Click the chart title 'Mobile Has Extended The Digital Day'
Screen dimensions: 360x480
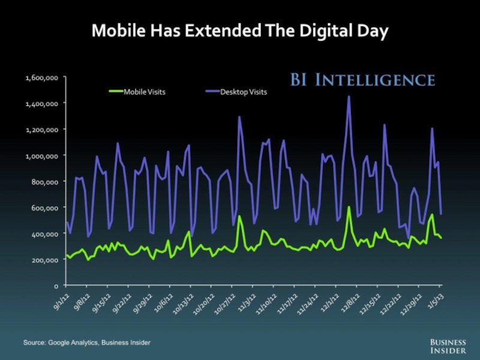pyautogui.click(x=240, y=29)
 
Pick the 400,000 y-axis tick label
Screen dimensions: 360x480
pyautogui.click(x=43, y=233)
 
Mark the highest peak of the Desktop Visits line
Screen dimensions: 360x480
pyautogui.click(x=349, y=97)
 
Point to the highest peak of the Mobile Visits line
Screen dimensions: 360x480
pyautogui.click(x=349, y=208)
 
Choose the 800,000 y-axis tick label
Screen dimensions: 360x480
pyautogui.click(x=43, y=182)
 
